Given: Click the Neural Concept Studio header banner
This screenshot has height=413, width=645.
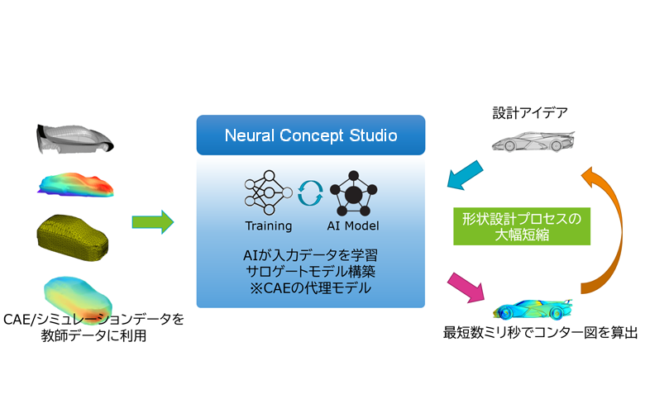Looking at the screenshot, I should coord(311,135).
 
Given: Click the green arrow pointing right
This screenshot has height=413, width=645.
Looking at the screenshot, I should coord(153,221).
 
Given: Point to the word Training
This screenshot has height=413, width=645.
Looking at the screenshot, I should coord(268,226).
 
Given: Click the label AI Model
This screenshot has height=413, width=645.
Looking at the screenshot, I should coord(353,226).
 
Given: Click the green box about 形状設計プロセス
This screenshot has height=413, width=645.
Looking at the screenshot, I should coord(522,225).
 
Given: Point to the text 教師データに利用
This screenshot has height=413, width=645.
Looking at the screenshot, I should coord(95,336).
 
